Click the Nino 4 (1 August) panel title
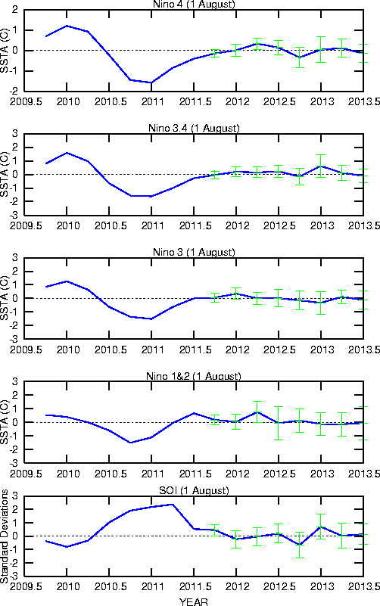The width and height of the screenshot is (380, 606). click(194, 5)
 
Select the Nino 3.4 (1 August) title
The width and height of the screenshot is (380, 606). click(194, 128)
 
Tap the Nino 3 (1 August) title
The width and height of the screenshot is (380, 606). click(194, 252)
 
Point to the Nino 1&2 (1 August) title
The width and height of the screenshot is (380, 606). click(194, 376)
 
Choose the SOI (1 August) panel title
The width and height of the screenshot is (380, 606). click(194, 490)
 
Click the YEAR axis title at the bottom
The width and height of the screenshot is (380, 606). click(193, 601)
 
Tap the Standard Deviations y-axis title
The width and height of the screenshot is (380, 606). click(5, 536)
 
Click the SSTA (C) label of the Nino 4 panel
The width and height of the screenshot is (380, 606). click(5, 50)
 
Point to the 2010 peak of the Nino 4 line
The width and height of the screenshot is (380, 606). click(67, 26)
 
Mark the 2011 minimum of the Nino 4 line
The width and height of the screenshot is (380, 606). click(151, 82)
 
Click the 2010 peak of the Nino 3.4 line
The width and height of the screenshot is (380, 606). click(67, 153)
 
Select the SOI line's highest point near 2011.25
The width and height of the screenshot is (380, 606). click(173, 505)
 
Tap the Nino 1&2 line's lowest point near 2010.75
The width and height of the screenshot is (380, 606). click(130, 443)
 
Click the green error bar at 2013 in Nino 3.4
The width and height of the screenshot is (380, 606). click(320, 166)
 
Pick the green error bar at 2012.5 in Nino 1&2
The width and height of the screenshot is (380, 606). click(279, 423)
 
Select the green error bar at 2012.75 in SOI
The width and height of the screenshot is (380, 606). click(299, 545)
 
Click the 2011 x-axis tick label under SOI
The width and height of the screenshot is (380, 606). click(152, 586)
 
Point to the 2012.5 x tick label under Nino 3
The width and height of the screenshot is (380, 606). click(279, 350)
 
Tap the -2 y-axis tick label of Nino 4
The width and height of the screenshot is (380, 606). click(14, 92)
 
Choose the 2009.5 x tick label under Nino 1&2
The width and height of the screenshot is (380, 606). click(26, 474)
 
